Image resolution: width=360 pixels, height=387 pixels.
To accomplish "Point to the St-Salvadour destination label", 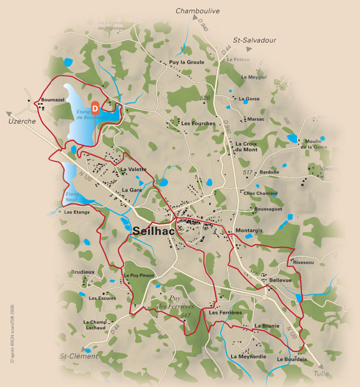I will point(255,40).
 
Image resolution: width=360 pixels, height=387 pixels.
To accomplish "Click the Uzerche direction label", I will point(23,121).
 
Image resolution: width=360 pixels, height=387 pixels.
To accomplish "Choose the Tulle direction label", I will point(321,373).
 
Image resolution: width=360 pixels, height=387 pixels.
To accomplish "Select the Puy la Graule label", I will point(187,62).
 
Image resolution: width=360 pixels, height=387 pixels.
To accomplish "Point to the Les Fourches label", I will point(198,123).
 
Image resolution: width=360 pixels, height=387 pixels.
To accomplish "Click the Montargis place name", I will point(249,230).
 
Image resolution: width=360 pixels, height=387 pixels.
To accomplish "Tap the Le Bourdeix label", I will point(292,359).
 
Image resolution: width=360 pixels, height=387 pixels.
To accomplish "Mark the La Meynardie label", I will point(246,356).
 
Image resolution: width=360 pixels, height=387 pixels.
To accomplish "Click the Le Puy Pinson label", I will point(139,276).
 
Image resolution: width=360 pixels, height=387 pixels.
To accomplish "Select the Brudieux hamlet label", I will point(82,271).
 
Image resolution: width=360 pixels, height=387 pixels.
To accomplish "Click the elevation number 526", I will point(205,98).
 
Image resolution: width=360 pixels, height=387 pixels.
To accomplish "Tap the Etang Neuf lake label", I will point(72,197).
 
